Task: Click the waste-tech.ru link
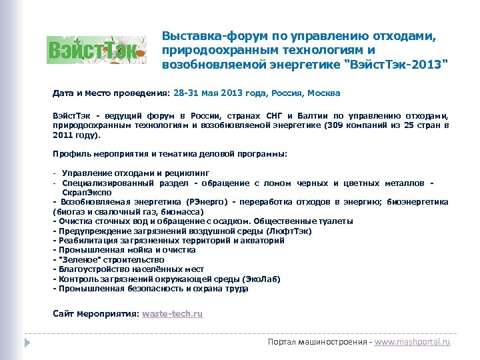[173, 313]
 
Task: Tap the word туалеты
[335, 221]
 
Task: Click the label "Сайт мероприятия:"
[96, 313]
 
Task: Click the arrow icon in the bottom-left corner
[27, 341]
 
